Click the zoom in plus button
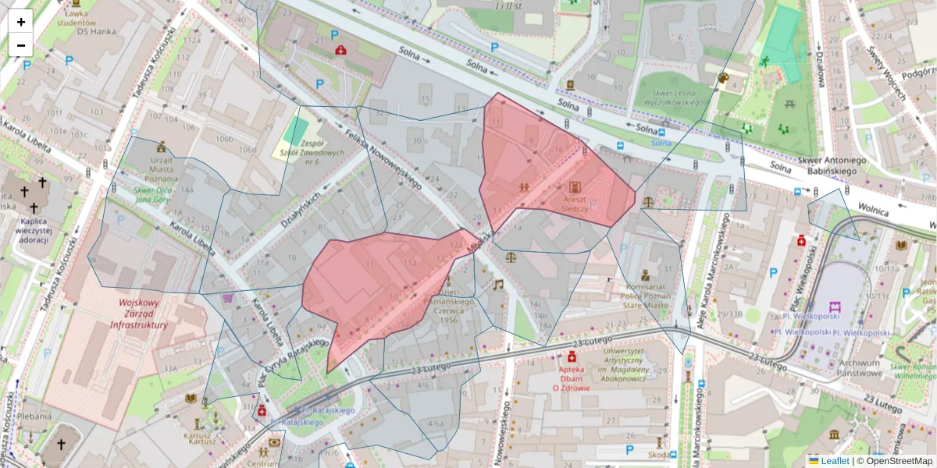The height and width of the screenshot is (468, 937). (21, 22)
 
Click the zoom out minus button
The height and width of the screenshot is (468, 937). (21, 45)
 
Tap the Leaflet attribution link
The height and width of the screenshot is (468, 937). (835, 461)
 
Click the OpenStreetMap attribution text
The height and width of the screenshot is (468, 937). (898, 461)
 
